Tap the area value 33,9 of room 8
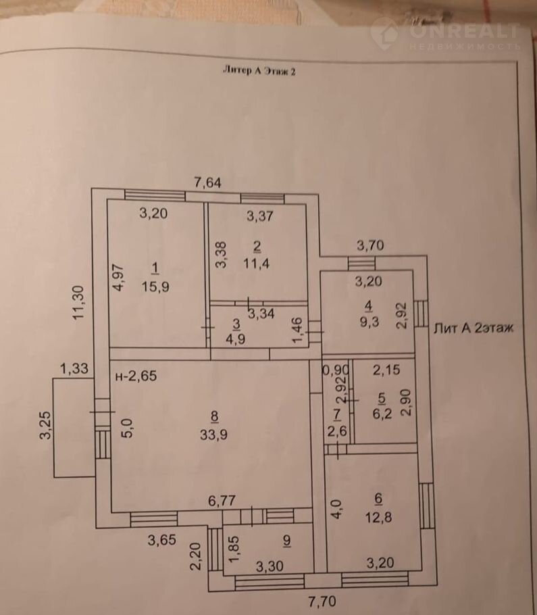pyautogui.click(x=213, y=435)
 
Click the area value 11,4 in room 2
pyautogui.click(x=257, y=263)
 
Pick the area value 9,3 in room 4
pyautogui.click(x=368, y=321)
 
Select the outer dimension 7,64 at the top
pyautogui.click(x=207, y=181)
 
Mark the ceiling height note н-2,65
pyautogui.click(x=136, y=376)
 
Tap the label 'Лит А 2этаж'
pyautogui.click(x=474, y=328)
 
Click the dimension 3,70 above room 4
pyautogui.click(x=370, y=246)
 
